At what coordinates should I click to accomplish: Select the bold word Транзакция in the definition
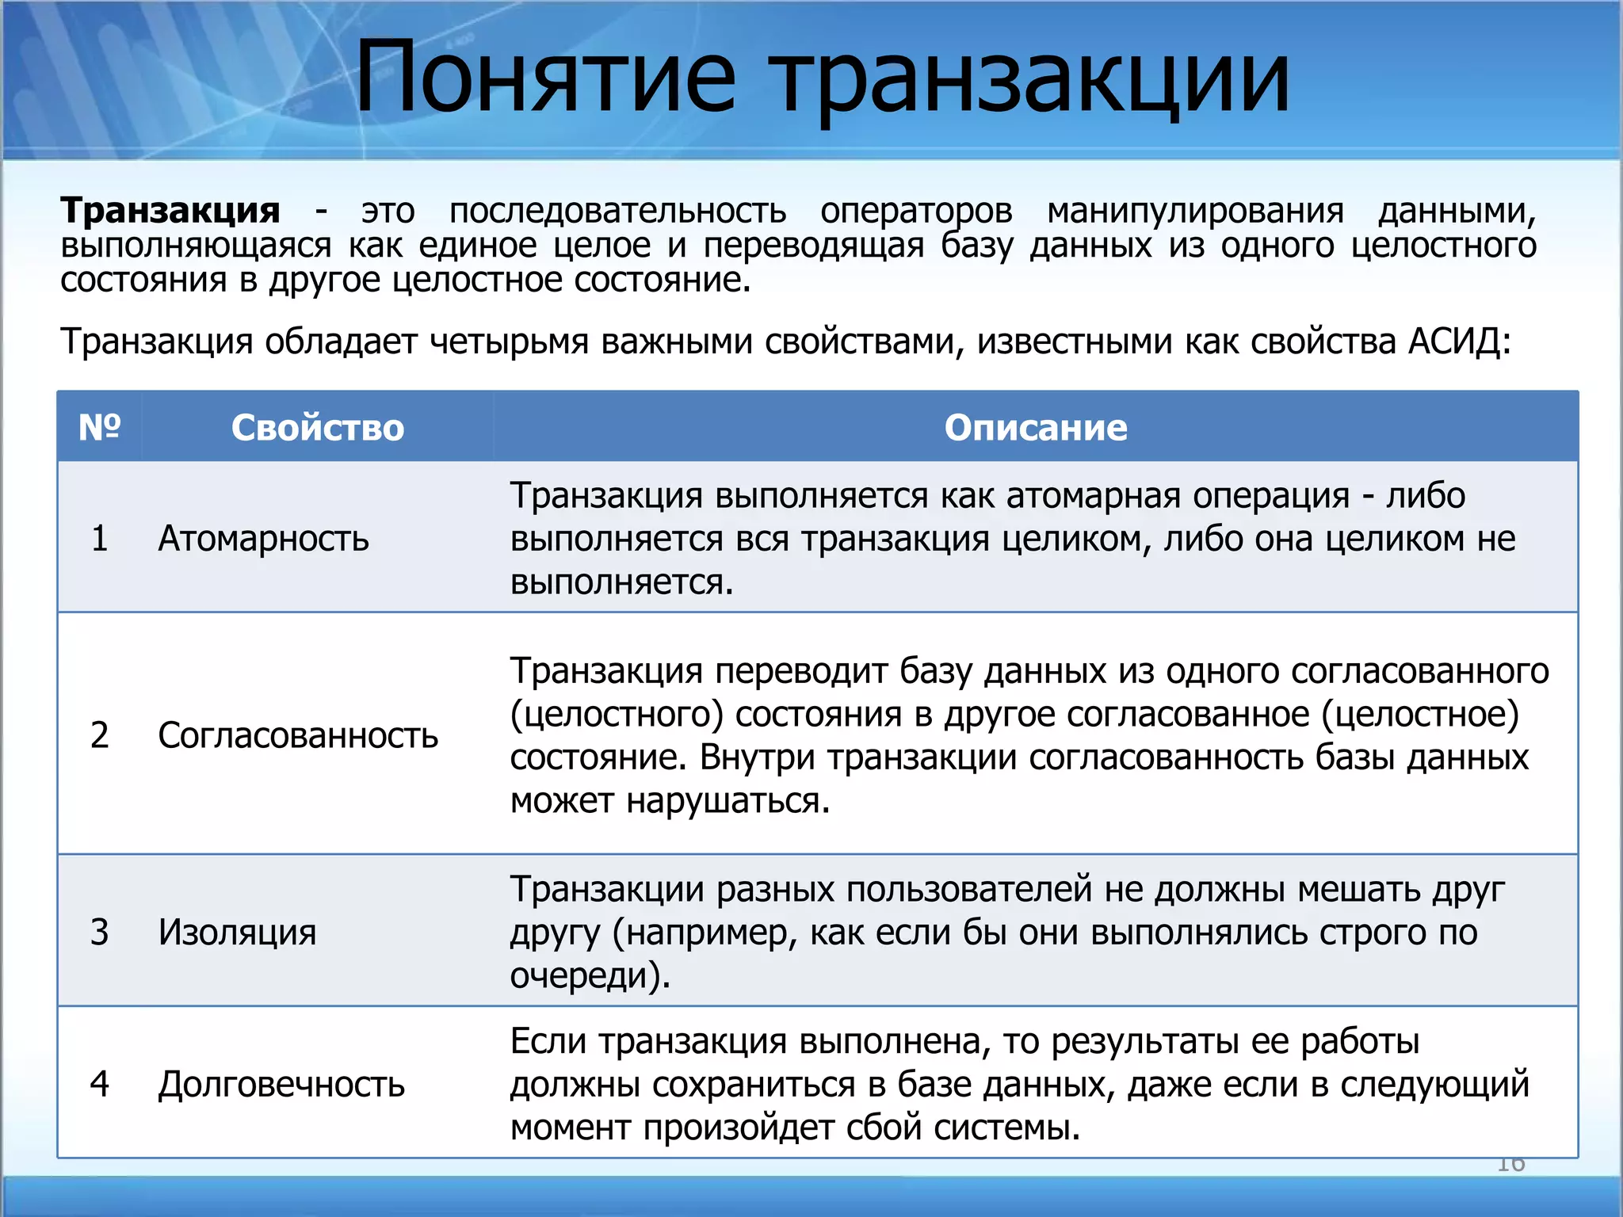[170, 211]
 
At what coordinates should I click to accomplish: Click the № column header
[100, 427]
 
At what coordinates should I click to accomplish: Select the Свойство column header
[318, 427]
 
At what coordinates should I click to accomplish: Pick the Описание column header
[1035, 427]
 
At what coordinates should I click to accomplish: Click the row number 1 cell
[100, 538]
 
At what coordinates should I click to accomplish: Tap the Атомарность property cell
[263, 538]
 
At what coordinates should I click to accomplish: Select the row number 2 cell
[100, 734]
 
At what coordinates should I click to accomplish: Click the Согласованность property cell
[298, 734]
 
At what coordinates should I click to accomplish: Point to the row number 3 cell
[100, 931]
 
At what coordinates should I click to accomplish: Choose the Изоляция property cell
[237, 931]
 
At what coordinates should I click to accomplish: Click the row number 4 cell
[100, 1083]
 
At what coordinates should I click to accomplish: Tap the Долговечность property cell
[281, 1083]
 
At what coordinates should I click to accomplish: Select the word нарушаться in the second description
[727, 801]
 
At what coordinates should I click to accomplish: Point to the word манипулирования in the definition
[1195, 211]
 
